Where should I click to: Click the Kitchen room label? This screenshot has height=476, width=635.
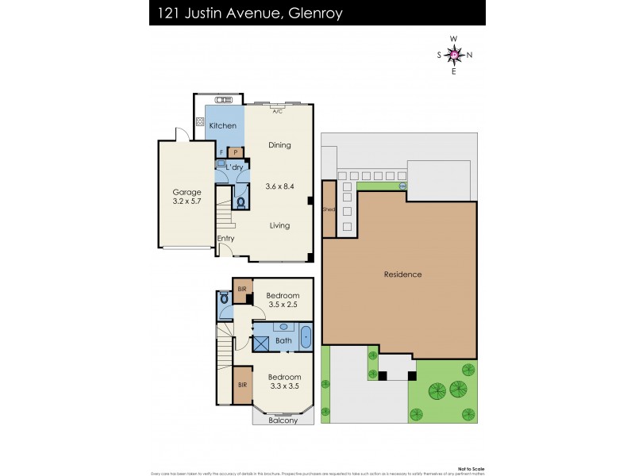pyautogui.click(x=222, y=126)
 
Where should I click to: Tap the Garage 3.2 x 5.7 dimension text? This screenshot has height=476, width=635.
pyautogui.click(x=187, y=202)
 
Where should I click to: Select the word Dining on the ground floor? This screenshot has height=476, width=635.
pyautogui.click(x=279, y=145)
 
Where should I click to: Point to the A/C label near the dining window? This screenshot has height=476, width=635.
pyautogui.click(x=278, y=112)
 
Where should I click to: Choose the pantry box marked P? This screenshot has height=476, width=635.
pyautogui.click(x=236, y=152)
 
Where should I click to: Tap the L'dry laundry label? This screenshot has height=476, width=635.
pyautogui.click(x=234, y=167)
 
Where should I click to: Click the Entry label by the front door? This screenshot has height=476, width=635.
pyautogui.click(x=225, y=238)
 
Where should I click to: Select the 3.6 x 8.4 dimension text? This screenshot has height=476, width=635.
pyautogui.click(x=279, y=186)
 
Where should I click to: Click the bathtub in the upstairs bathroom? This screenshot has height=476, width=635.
pyautogui.click(x=306, y=336)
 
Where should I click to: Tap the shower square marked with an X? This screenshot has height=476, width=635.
pyautogui.click(x=261, y=342)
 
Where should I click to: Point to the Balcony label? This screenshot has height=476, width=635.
pyautogui.click(x=283, y=420)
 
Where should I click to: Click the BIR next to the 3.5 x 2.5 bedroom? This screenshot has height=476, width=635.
pyautogui.click(x=242, y=290)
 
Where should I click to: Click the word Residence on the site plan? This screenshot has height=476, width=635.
pyautogui.click(x=402, y=274)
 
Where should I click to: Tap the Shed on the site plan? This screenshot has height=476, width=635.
pyautogui.click(x=328, y=211)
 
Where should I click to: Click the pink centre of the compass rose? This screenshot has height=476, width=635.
pyautogui.click(x=454, y=55)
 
